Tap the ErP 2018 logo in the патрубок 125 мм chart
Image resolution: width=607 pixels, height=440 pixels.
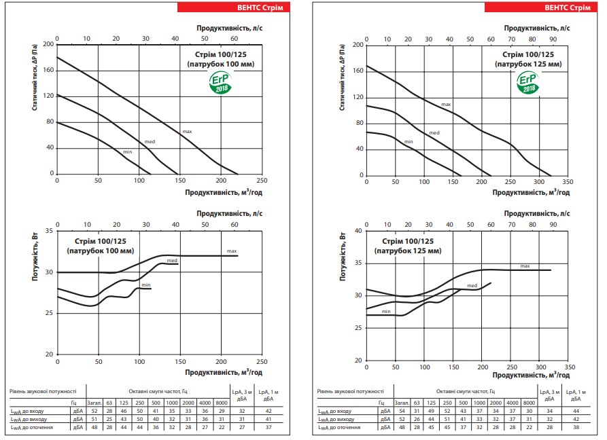528,83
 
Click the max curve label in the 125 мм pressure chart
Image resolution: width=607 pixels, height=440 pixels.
446,105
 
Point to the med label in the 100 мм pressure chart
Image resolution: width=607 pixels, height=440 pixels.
150,141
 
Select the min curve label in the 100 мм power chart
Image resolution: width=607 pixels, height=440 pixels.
145,285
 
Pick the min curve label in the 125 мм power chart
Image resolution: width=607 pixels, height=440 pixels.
385,311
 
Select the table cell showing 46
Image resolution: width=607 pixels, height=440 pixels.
124,411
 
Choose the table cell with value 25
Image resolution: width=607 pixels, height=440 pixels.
109,419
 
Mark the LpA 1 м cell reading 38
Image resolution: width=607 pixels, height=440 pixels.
576,427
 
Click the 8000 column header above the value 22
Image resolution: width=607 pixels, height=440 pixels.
530,403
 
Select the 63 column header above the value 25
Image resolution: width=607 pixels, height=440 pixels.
109,403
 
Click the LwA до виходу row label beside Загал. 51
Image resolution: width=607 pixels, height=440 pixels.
27,419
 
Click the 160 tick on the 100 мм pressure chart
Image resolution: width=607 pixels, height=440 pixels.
48,71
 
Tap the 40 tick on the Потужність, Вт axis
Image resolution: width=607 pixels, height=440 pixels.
358,231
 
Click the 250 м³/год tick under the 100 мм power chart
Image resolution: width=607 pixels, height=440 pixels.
262,361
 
